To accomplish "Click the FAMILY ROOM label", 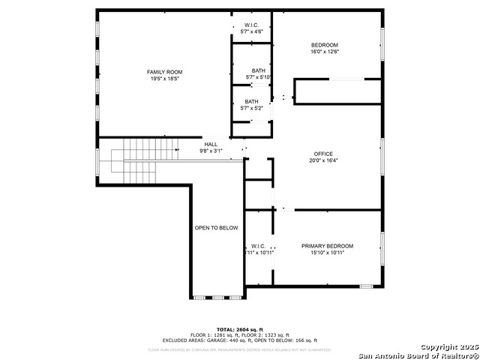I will click(164, 72).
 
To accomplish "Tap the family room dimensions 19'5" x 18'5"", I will click(164, 78).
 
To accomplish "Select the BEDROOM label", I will click(324, 45).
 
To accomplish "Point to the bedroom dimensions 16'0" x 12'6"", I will click(324, 52).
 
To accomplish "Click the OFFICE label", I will click(324, 154).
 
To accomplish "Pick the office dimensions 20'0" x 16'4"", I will click(324, 160).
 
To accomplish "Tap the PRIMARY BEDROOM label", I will click(327, 246).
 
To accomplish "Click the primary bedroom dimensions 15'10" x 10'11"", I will click(327, 253).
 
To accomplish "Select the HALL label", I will click(211, 144).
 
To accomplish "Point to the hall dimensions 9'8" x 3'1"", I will click(211, 151).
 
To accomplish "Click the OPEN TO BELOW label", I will click(216, 228).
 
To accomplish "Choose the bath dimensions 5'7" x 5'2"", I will click(251, 108).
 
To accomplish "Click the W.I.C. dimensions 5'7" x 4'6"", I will click(251, 31).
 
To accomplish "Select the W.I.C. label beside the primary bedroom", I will click(258, 246).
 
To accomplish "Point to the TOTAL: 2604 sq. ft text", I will click(240, 330).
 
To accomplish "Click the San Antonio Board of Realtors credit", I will click(418, 355).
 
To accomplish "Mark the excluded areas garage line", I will click(240, 340).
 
